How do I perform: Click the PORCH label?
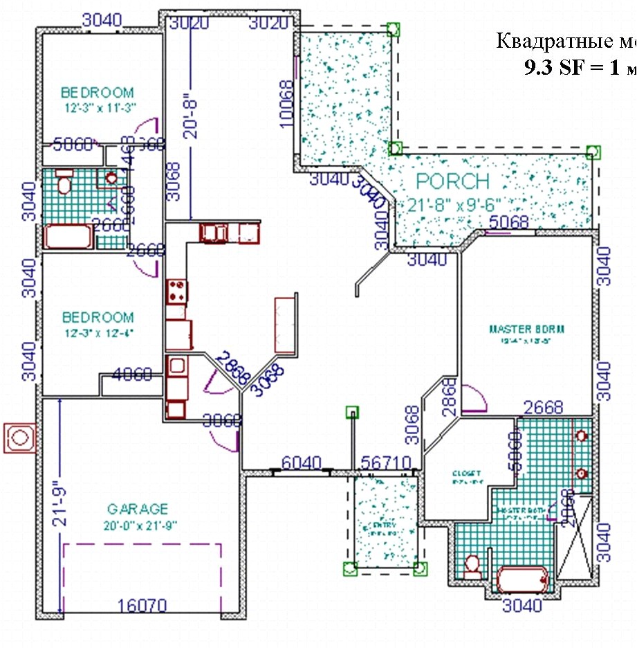click(x=453, y=182)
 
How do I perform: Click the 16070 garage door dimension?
click(x=142, y=606)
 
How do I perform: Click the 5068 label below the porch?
click(x=508, y=222)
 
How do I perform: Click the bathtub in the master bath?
click(x=522, y=579)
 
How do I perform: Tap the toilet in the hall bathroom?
click(x=64, y=181)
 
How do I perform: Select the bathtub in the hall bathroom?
click(x=68, y=236)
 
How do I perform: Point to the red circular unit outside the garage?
click(x=19, y=438)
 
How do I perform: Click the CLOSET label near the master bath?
click(x=461, y=474)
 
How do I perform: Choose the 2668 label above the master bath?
click(x=543, y=407)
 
